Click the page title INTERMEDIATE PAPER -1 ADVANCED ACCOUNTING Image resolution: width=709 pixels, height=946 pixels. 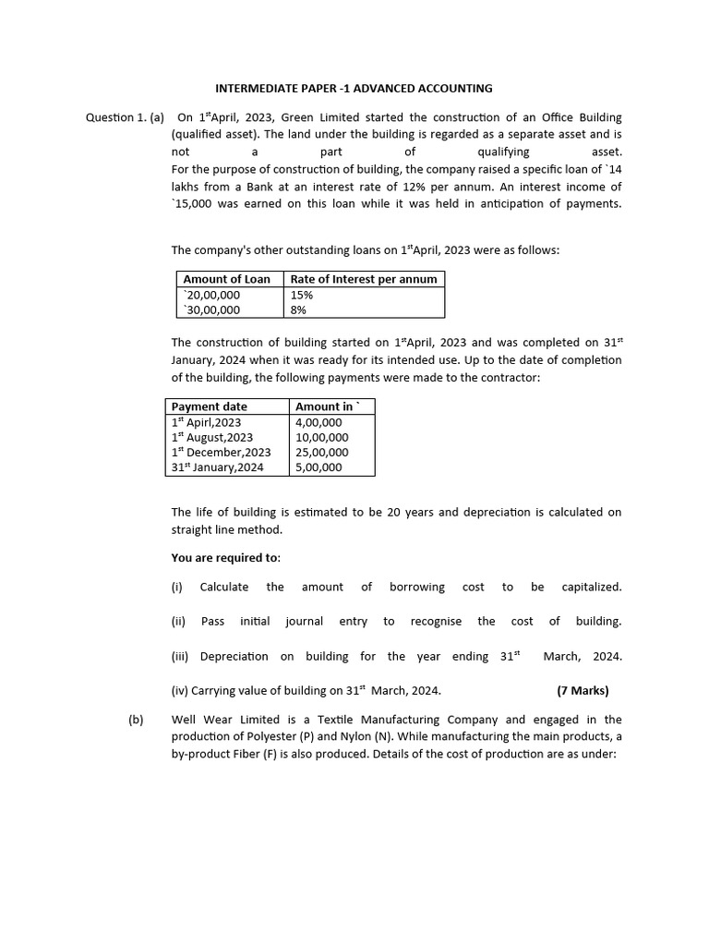[354, 89]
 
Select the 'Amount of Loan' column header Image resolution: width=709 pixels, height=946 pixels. [227, 279]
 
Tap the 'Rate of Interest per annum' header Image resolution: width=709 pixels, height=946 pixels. [364, 279]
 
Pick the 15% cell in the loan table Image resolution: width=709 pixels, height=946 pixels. [302, 295]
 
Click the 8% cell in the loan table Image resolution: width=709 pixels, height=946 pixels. [298, 310]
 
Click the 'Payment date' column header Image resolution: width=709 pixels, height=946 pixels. [210, 406]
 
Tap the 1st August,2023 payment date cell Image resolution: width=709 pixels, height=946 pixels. [212, 437]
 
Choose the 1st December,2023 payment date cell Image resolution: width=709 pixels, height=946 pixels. [221, 453]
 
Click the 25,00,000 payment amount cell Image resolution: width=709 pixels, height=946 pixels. [321, 453]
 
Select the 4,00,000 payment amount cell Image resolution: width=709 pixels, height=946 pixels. [318, 422]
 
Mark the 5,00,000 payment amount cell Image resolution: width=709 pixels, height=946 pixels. [318, 467]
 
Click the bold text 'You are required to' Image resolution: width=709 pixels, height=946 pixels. [225, 557]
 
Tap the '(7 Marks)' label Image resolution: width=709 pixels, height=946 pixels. [583, 690]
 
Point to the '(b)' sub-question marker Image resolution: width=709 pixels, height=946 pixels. [136, 720]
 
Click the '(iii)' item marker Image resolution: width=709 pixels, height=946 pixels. [181, 656]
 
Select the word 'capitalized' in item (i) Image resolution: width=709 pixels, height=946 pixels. [591, 587]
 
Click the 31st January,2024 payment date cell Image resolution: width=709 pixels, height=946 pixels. [217, 467]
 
